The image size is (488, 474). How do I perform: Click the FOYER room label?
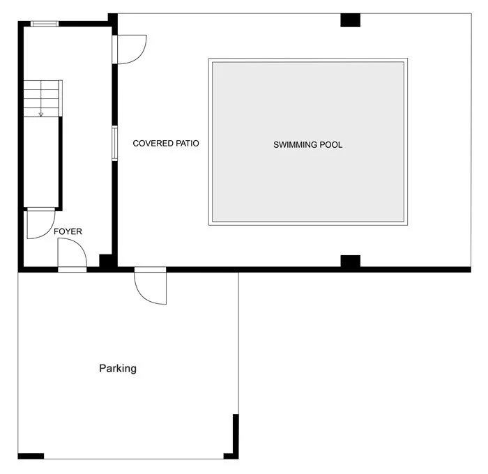pyautogui.click(x=68, y=231)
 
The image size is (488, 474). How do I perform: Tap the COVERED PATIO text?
pyautogui.click(x=166, y=143)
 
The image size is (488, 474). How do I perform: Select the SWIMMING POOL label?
pyautogui.click(x=308, y=145)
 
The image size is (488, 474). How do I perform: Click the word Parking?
pyautogui.click(x=118, y=369)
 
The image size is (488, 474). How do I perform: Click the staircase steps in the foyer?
pyautogui.click(x=43, y=98)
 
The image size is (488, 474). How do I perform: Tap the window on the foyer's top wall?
pyautogui.click(x=45, y=24)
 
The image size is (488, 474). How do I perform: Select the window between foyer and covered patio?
pyautogui.click(x=114, y=143)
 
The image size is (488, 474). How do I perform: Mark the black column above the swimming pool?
pyautogui.click(x=351, y=20)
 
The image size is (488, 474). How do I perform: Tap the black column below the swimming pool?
pyautogui.click(x=351, y=261)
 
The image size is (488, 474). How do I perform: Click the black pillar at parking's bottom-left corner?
pyautogui.click(x=31, y=457)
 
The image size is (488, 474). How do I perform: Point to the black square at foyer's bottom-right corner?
pyautogui.click(x=105, y=261)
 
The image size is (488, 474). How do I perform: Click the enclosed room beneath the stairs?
pyautogui.click(x=41, y=162)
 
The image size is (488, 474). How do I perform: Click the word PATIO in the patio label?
pyautogui.click(x=188, y=143)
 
